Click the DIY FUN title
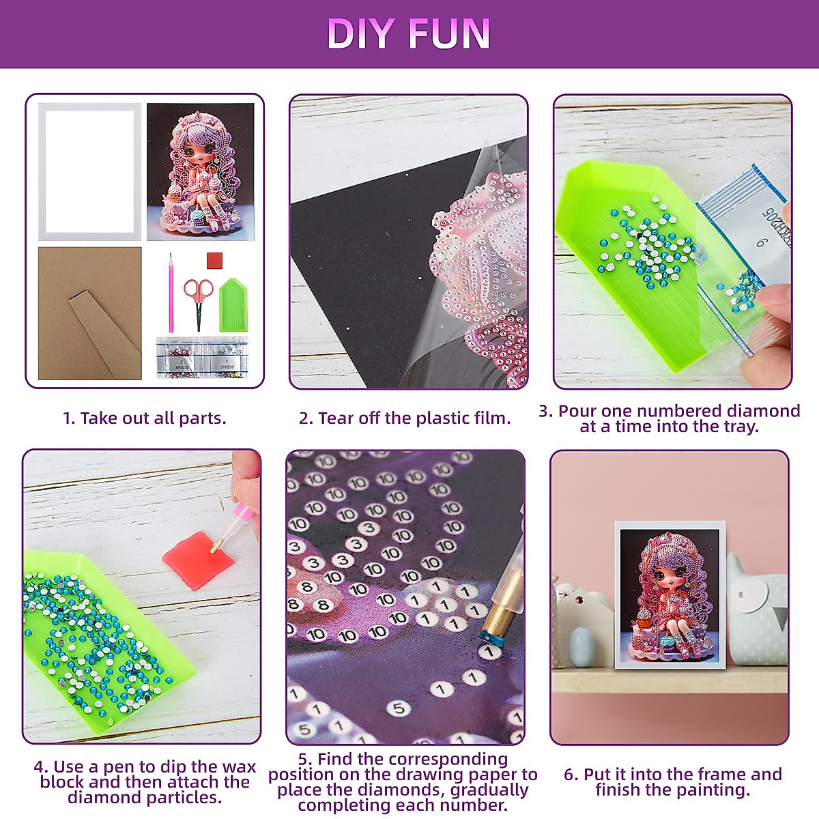click(408, 34)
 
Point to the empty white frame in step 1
click(89, 171)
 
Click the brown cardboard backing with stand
click(89, 313)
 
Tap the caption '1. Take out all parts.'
click(144, 418)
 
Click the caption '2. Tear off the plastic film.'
click(405, 418)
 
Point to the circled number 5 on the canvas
click(399, 708)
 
